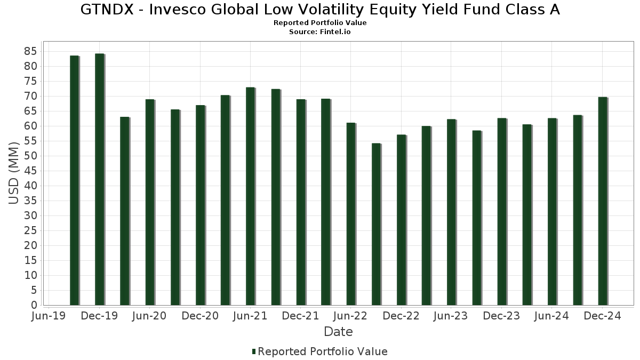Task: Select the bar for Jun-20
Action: [x=150, y=202]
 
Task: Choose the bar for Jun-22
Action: [x=350, y=214]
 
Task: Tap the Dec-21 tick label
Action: [x=300, y=316]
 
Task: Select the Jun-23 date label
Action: [x=451, y=316]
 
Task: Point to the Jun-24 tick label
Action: [x=552, y=316]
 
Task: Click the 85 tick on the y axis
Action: [x=30, y=51]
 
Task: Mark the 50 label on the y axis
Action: [x=30, y=156]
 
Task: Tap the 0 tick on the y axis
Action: [x=34, y=305]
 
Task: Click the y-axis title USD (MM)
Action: [x=14, y=173]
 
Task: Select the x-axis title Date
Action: [x=338, y=332]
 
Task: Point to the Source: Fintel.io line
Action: [x=320, y=31]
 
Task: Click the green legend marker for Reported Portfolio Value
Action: [x=254, y=351]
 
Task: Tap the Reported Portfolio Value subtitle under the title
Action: [x=320, y=23]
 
